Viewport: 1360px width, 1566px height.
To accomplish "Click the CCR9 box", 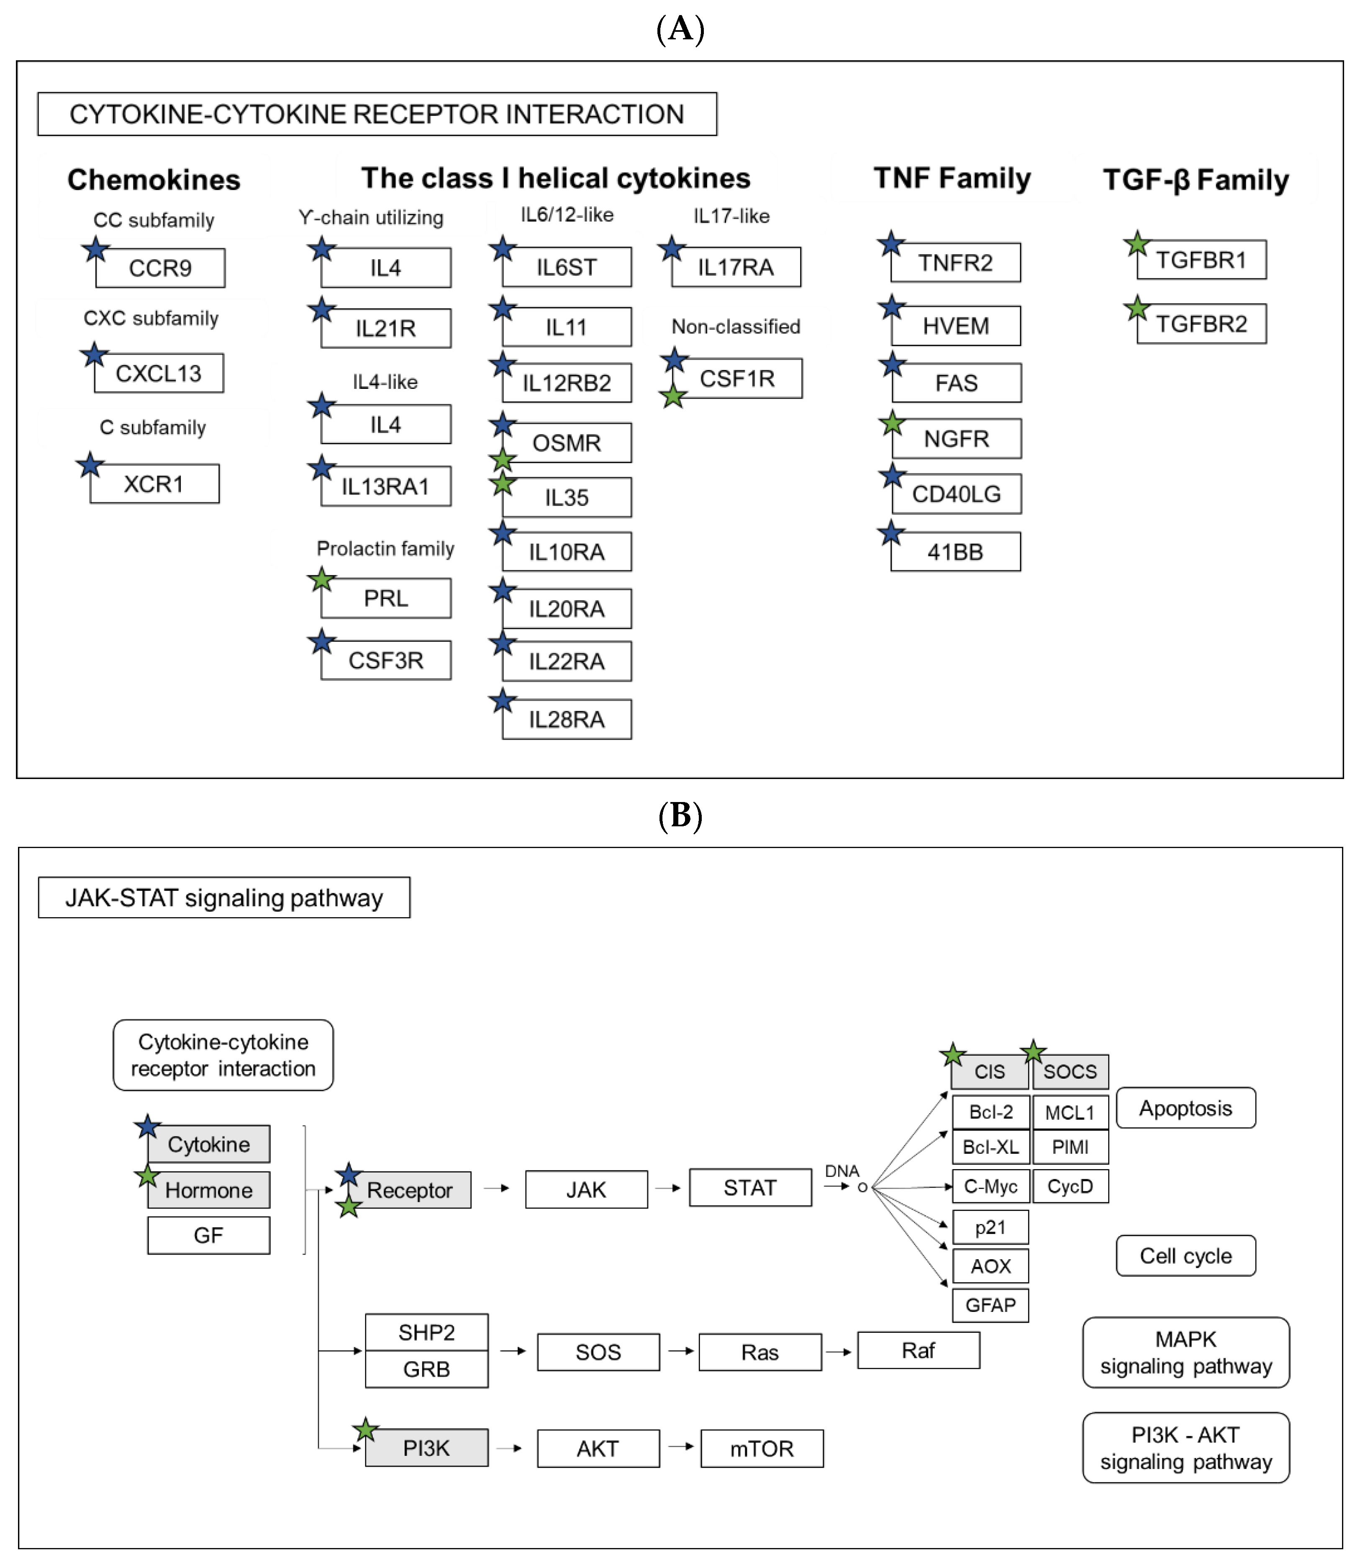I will click(x=160, y=268).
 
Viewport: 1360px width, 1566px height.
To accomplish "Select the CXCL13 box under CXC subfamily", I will click(x=159, y=373).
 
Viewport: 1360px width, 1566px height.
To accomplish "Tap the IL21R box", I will click(x=385, y=328).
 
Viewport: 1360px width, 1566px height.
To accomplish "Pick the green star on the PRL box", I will click(x=322, y=580).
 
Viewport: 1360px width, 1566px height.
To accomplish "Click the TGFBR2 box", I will click(x=1201, y=324).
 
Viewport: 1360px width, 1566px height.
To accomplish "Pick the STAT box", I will click(x=750, y=1188).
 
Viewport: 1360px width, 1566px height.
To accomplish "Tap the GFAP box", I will click(x=990, y=1305).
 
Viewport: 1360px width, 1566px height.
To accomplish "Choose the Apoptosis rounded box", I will click(x=1186, y=1108).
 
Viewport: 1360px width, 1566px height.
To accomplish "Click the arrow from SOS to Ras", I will click(x=680, y=1351).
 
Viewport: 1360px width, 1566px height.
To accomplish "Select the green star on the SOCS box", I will click(x=1033, y=1052).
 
